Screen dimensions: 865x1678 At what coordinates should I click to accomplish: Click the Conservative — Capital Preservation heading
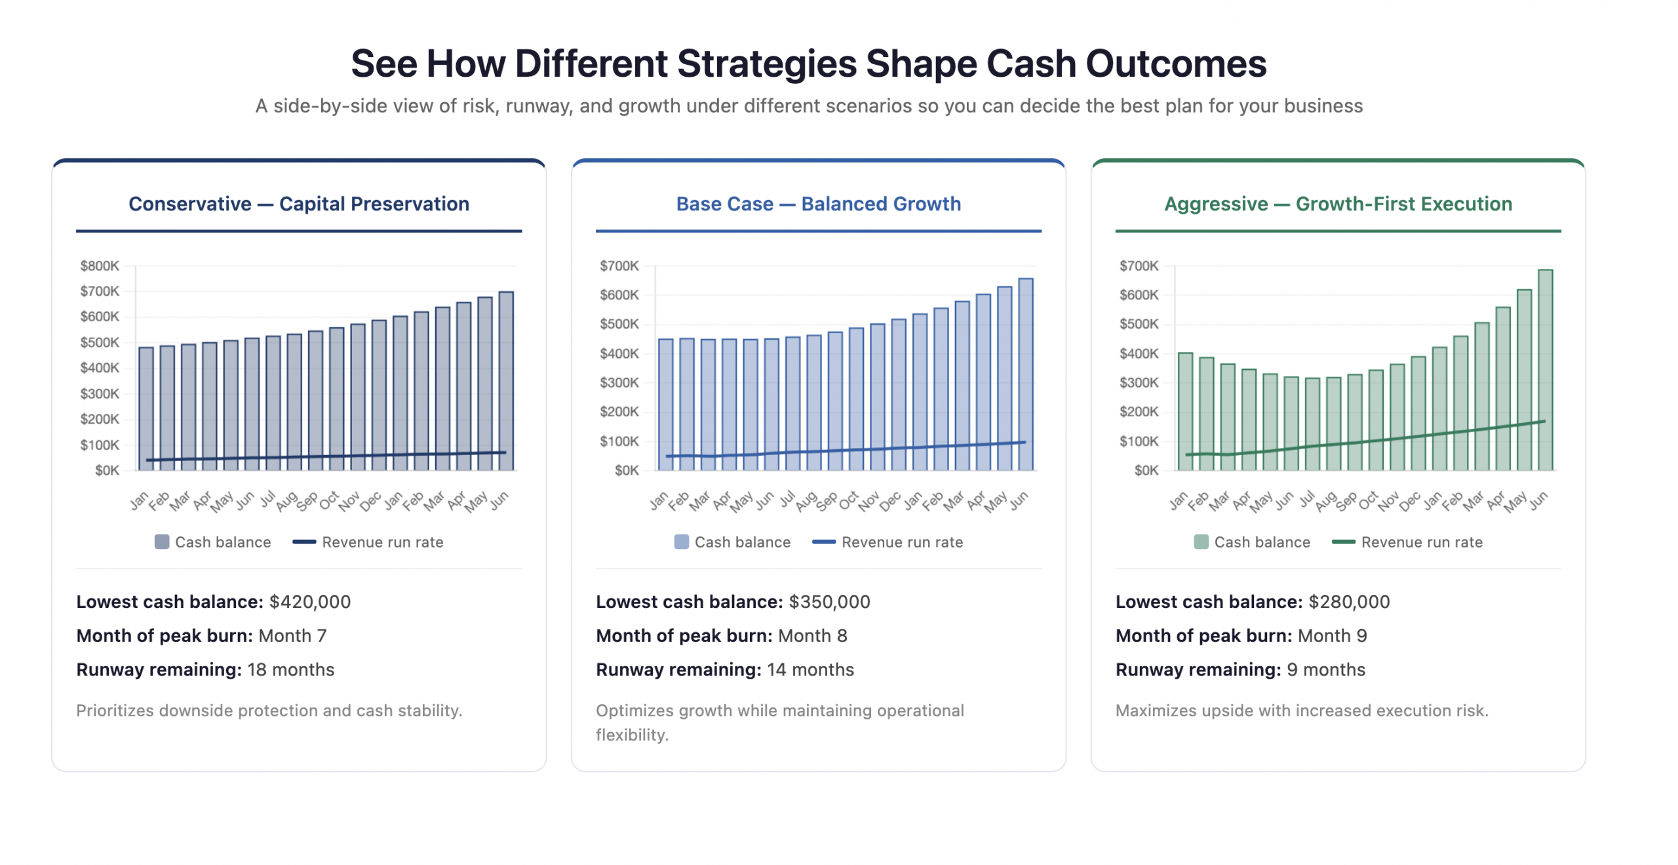pos(298,203)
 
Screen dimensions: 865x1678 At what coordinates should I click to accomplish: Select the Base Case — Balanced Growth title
pos(818,203)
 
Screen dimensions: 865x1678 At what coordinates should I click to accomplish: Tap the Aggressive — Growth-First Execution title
pos(1337,203)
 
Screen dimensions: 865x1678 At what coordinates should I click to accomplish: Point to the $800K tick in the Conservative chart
pos(100,265)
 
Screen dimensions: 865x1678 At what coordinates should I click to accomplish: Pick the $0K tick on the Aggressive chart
pos(1146,470)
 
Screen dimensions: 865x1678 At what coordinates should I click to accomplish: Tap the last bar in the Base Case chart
pos(1025,374)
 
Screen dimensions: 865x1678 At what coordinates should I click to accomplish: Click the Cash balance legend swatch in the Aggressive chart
pos(1200,541)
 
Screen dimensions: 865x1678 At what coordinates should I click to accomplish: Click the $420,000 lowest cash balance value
pos(309,601)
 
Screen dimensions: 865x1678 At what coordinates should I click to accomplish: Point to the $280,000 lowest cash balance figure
pos(1348,601)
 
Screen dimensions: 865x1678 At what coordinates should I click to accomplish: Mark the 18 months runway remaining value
pos(290,669)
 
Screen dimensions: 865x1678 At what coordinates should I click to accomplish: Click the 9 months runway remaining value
pos(1325,669)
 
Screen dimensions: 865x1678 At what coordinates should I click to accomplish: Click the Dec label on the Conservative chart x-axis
pos(370,502)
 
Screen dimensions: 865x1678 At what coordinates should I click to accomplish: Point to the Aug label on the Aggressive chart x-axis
pos(1325,502)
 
